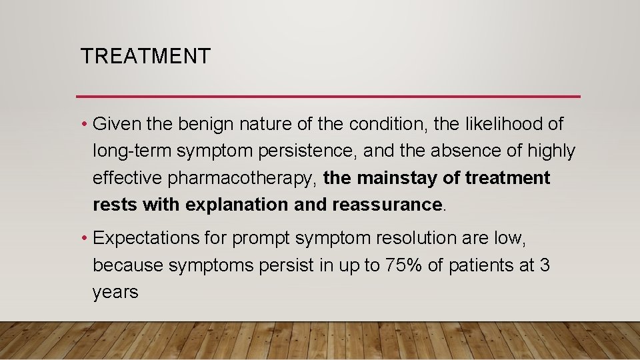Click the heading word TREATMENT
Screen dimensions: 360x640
145,57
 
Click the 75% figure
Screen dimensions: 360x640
405,265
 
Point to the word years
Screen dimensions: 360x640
115,292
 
